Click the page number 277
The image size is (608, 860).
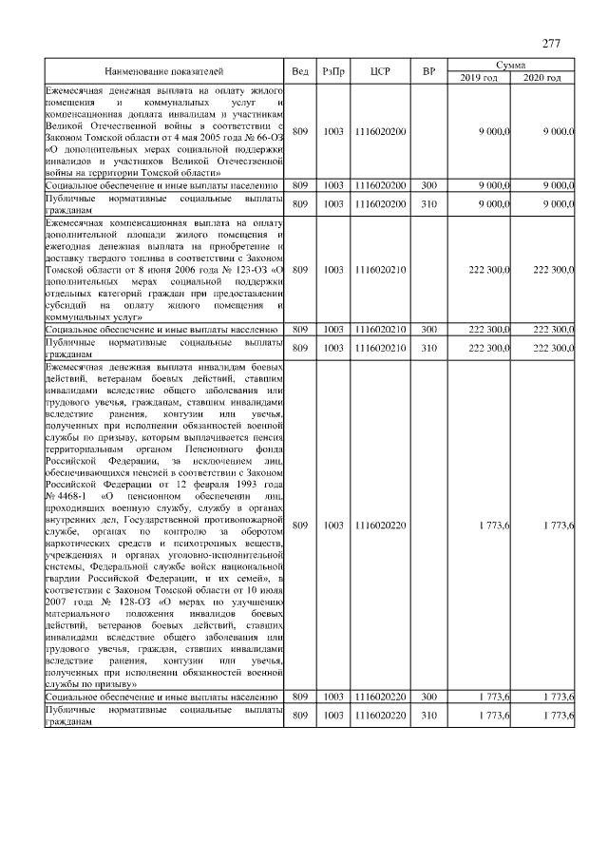[552, 44]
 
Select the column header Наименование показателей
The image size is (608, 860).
[164, 71]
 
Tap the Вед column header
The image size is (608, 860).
[300, 71]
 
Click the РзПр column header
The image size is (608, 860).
[333, 71]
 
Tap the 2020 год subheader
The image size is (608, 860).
[542, 78]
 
